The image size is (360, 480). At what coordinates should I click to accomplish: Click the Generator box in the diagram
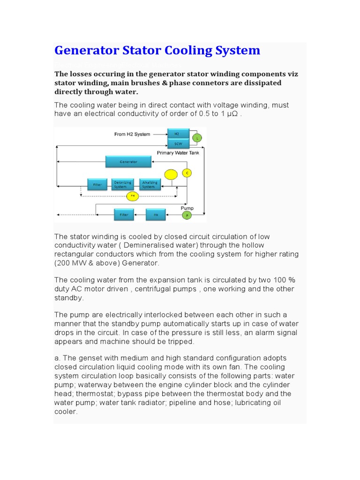pyautogui.click(x=128, y=162)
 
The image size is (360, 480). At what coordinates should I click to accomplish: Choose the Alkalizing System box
pyautogui.click(x=150, y=185)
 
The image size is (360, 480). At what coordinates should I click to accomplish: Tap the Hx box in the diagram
pyautogui.click(x=156, y=215)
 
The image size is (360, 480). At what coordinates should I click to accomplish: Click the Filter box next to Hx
pyautogui.click(x=124, y=215)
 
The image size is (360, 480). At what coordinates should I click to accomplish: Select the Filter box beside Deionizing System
pyautogui.click(x=97, y=185)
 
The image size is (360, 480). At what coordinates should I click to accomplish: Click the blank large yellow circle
pyautogui.click(x=171, y=175)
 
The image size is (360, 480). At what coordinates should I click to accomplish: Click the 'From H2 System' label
pyautogui.click(x=132, y=134)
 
